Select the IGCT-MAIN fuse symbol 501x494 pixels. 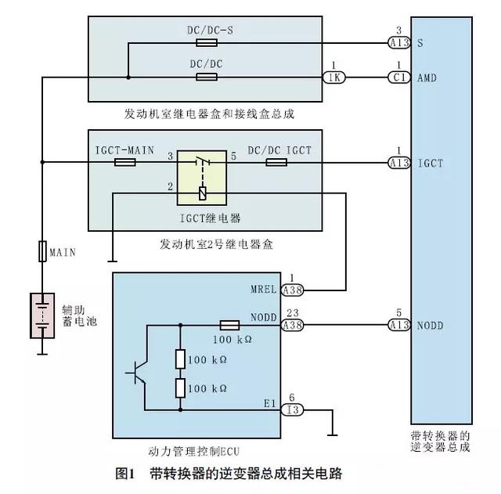[125, 163]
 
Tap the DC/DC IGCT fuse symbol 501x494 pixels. [276, 163]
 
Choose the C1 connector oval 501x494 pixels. [400, 77]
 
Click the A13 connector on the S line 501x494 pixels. [400, 43]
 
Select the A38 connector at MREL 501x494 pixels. [292, 290]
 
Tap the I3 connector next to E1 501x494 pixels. [292, 409]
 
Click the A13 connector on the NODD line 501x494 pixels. [400, 324]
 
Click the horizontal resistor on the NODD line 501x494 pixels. [229, 324]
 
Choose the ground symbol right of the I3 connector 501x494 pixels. [333, 431]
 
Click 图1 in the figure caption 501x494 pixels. [126, 474]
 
